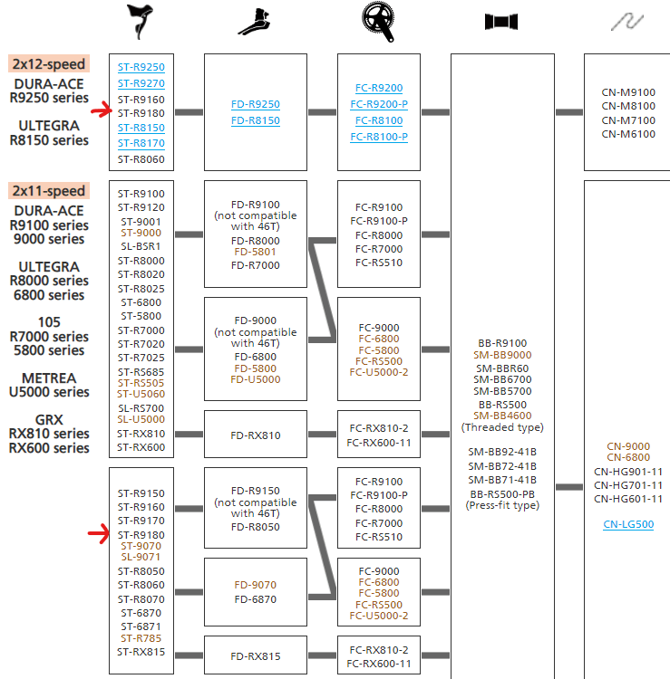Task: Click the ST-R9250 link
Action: (x=141, y=67)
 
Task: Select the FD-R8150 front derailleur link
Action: (x=255, y=120)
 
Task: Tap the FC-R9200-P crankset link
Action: (x=379, y=104)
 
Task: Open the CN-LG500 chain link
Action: (x=628, y=524)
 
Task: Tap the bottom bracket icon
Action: (x=501, y=22)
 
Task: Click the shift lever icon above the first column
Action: (x=141, y=22)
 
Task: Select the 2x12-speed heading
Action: (x=49, y=64)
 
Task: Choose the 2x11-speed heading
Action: (x=49, y=191)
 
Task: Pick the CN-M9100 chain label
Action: (x=628, y=92)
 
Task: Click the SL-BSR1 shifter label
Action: (x=141, y=246)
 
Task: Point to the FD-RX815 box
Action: (x=255, y=656)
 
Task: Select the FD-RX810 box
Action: (x=255, y=435)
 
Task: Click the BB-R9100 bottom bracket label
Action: (x=501, y=343)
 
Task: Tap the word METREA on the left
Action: (x=50, y=378)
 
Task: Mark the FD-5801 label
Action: (x=255, y=252)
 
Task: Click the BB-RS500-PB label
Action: (x=501, y=493)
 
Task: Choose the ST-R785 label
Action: (x=141, y=638)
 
